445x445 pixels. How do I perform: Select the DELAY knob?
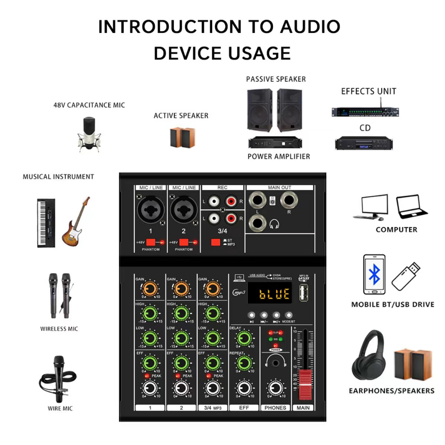coord(245,338)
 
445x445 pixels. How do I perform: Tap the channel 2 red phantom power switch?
coord(184,242)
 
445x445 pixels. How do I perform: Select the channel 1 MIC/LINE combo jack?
coord(150,208)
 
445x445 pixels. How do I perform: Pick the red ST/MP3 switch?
coord(216,242)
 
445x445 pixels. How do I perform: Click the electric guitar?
coord(76,222)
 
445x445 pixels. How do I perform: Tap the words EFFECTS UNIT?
coord(369,91)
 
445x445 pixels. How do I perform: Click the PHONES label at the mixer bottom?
coord(276,408)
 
